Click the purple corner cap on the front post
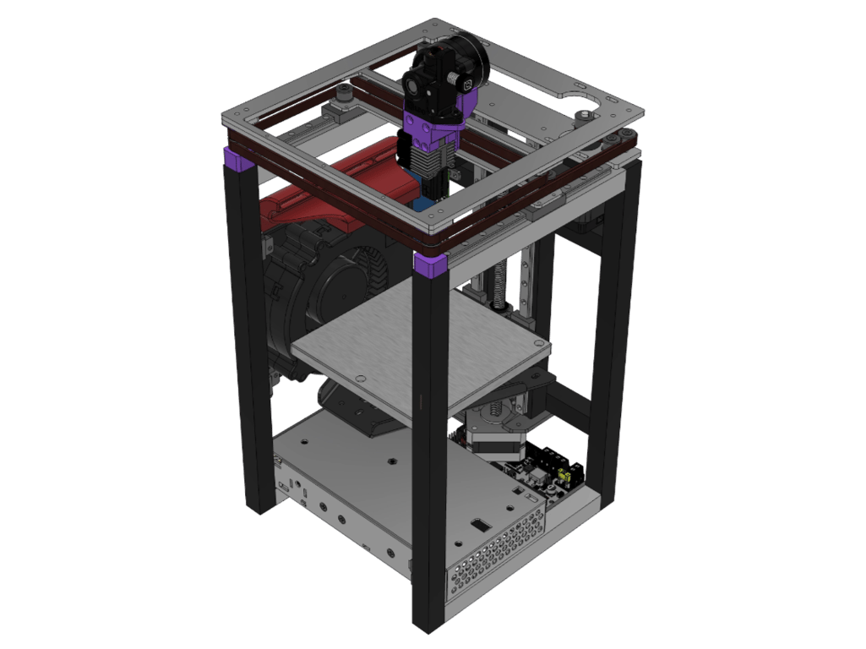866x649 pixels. point(432,265)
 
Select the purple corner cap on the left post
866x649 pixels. point(237,159)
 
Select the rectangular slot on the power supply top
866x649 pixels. point(478,526)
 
